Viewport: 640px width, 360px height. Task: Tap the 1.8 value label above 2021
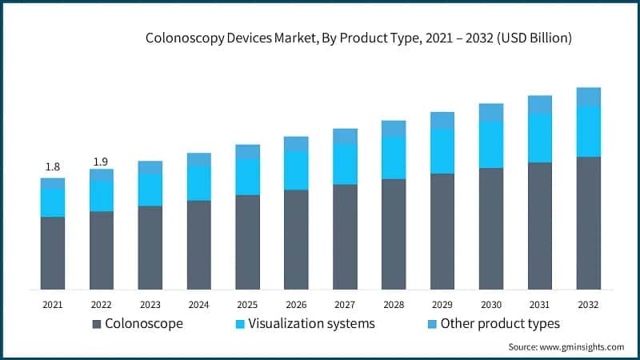click(x=53, y=166)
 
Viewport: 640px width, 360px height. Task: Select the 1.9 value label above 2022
click(x=101, y=162)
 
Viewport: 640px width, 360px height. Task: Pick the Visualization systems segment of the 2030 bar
click(x=491, y=144)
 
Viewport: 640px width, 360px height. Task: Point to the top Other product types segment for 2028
click(x=394, y=128)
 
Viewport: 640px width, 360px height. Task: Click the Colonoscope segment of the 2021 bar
click(x=53, y=253)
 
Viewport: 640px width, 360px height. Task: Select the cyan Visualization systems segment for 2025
click(x=247, y=177)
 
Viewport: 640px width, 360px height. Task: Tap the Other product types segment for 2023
click(x=150, y=167)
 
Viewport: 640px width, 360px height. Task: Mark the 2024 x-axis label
click(x=198, y=305)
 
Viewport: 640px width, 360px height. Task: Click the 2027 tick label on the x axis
click(x=345, y=305)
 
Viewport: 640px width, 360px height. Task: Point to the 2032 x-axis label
click(x=589, y=305)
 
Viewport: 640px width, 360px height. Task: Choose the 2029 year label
click(x=442, y=305)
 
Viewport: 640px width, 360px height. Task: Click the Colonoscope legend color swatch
click(x=98, y=324)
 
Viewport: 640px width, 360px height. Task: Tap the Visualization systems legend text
click(x=312, y=324)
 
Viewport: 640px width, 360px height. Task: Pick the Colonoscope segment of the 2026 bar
click(x=296, y=239)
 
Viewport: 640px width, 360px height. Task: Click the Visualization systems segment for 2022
click(x=101, y=196)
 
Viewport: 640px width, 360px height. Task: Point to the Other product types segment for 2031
click(x=540, y=104)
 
